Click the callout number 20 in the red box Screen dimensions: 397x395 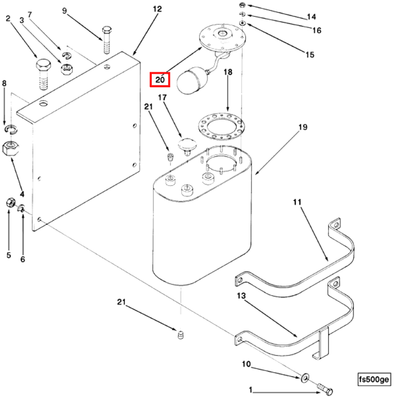click(x=160, y=80)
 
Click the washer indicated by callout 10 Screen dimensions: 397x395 click(x=305, y=375)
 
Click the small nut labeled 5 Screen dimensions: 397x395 click(x=9, y=202)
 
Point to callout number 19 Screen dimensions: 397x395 click(x=303, y=127)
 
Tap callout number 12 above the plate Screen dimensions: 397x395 click(x=157, y=9)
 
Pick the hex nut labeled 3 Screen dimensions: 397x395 click(x=67, y=69)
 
